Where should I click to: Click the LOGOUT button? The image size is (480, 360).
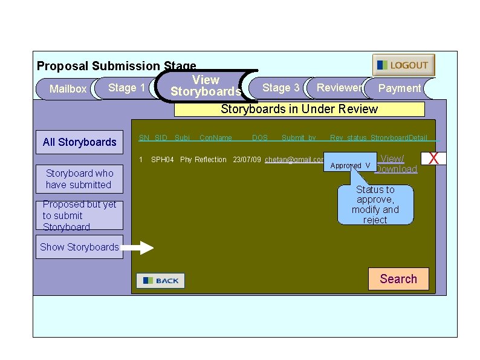pos(403,65)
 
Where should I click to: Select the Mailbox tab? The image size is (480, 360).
pos(67,89)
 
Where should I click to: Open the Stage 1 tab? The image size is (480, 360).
pos(126,88)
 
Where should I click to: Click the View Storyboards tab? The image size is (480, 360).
pos(206,86)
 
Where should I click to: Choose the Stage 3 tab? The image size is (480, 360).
pos(281,88)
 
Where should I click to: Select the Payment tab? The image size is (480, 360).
pos(399,88)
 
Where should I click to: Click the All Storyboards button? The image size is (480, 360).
pos(79,142)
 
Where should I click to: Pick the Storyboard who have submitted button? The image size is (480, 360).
pos(79,179)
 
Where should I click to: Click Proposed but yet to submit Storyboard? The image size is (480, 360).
pos(79,215)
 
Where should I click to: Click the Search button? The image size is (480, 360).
pos(398,279)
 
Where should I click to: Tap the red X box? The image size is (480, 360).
pos(433,159)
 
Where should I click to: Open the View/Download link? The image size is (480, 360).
pos(396,164)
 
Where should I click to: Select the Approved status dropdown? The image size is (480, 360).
pos(350,165)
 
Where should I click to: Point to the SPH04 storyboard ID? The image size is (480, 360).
pos(162,160)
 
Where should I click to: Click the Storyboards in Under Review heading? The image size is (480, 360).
pos(299,110)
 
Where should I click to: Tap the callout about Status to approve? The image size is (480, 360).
pos(375,205)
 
